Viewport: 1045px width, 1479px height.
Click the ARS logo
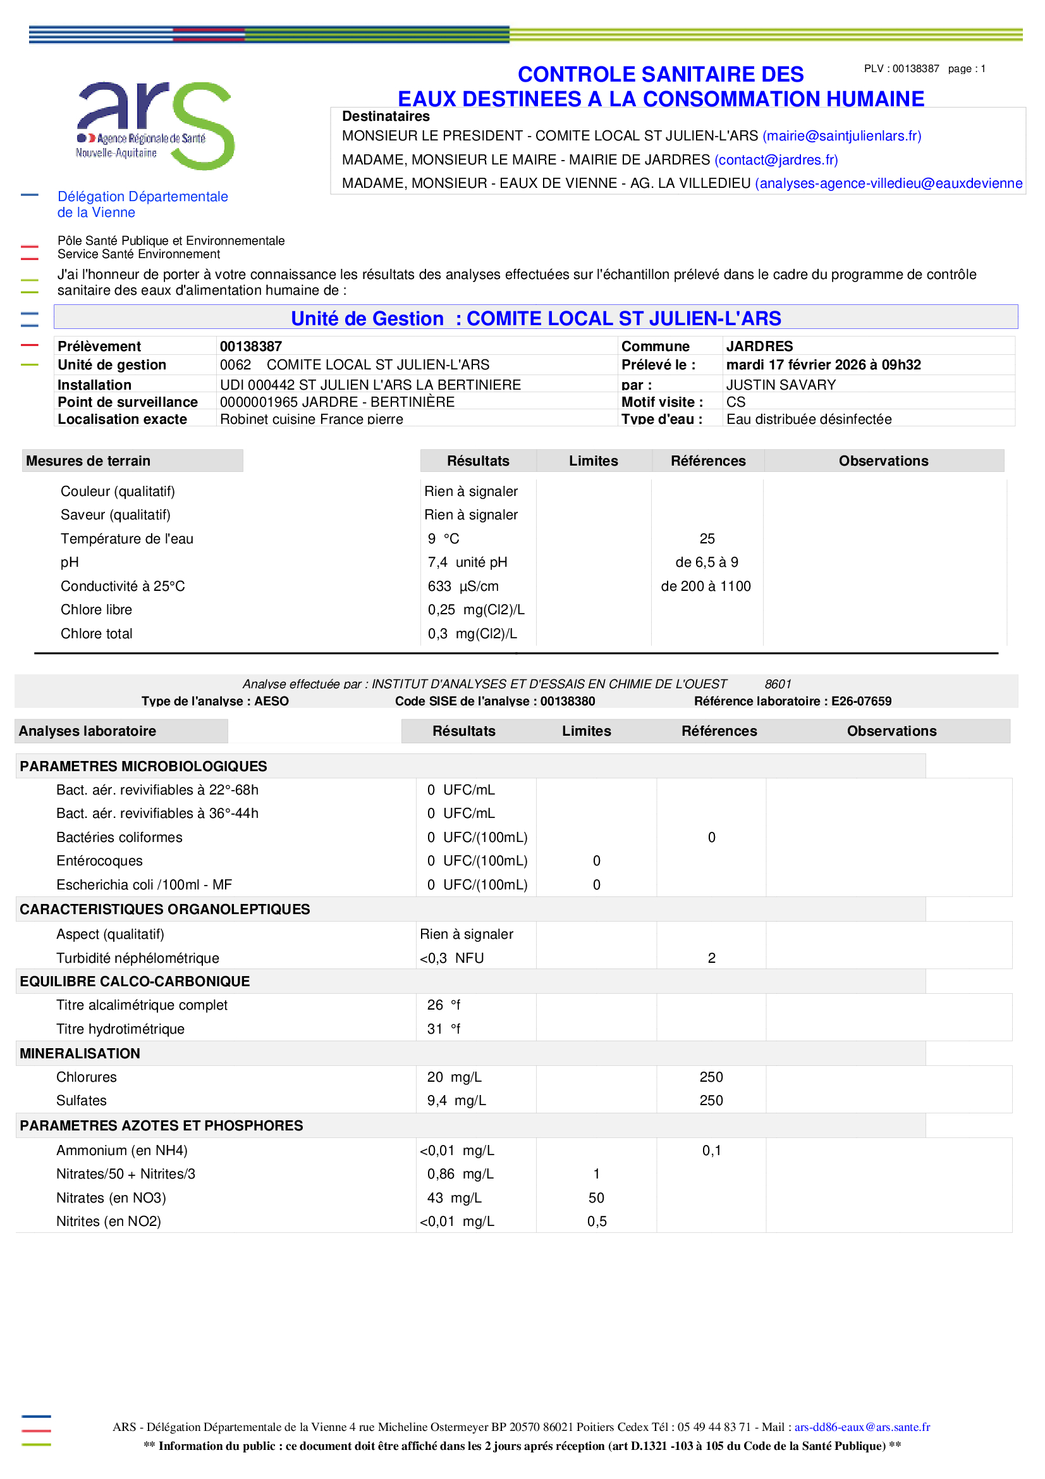point(154,125)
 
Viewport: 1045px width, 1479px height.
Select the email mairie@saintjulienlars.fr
point(841,136)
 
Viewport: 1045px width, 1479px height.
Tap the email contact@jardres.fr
point(776,160)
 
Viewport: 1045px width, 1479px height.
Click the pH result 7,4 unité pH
point(467,562)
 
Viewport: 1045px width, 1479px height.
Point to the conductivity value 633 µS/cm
point(463,586)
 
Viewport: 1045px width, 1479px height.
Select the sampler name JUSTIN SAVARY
point(780,385)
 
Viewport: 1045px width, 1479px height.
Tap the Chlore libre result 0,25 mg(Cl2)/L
point(476,609)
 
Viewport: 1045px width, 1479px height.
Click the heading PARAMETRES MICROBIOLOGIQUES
point(143,766)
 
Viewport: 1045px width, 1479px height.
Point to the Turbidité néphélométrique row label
point(137,958)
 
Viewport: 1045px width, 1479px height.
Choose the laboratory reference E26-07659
point(861,701)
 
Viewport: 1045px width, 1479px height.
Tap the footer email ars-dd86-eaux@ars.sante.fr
point(862,1427)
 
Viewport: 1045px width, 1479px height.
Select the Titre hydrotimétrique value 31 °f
point(444,1029)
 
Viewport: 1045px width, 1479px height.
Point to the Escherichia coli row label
point(144,884)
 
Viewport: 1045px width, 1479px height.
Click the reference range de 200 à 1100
point(706,586)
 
